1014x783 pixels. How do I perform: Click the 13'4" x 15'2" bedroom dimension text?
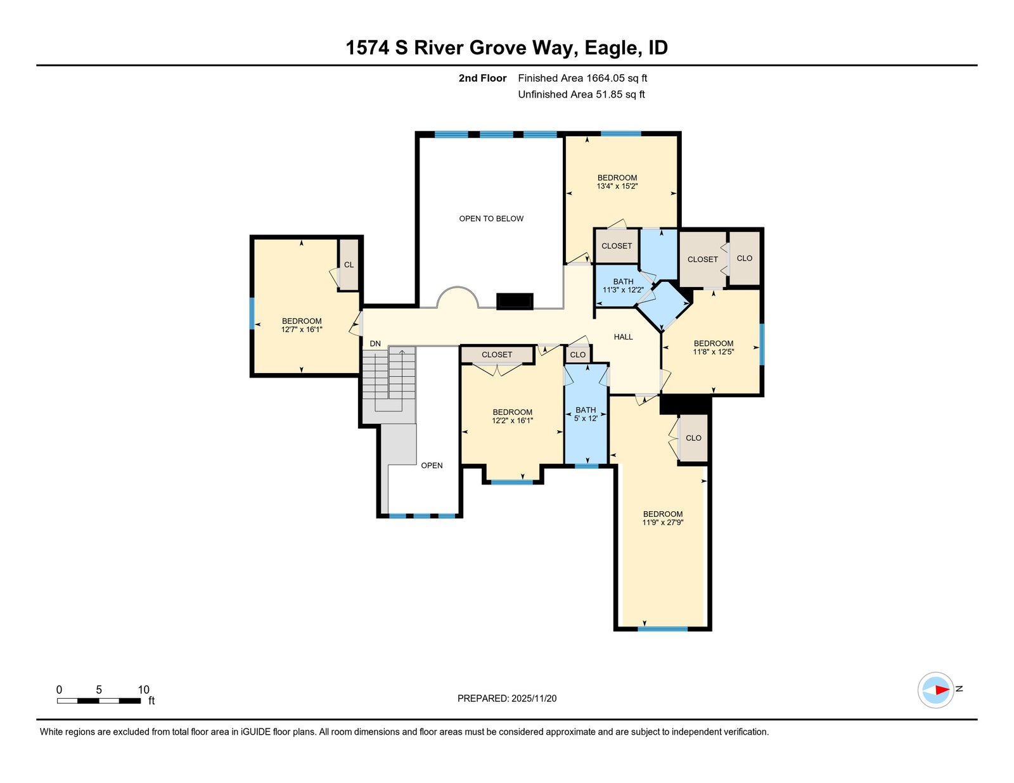tap(617, 186)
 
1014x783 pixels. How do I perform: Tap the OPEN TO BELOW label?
tap(491, 219)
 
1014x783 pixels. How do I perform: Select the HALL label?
tap(623, 337)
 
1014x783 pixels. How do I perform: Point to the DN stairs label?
tap(375, 344)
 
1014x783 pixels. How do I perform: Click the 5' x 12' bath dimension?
tap(586, 418)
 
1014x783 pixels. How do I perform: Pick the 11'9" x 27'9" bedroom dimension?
tap(663, 522)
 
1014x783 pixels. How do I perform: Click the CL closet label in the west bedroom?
tap(349, 265)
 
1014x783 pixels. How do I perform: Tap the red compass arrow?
tap(942, 690)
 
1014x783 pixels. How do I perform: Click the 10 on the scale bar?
tap(144, 690)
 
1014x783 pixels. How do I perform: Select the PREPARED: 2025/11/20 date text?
tap(507, 699)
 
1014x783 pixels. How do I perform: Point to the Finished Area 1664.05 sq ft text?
tap(582, 79)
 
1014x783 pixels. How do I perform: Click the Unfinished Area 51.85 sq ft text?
tap(581, 94)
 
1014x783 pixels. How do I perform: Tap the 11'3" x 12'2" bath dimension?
tap(623, 290)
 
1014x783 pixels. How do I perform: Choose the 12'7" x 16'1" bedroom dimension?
tap(302, 329)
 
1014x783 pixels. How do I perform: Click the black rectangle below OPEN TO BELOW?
tap(514, 302)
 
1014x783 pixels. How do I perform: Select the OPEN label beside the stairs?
tap(432, 466)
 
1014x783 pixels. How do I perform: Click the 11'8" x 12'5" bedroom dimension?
tap(713, 352)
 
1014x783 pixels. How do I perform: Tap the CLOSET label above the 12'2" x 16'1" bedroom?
tap(496, 355)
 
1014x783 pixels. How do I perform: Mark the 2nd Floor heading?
tap(482, 79)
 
